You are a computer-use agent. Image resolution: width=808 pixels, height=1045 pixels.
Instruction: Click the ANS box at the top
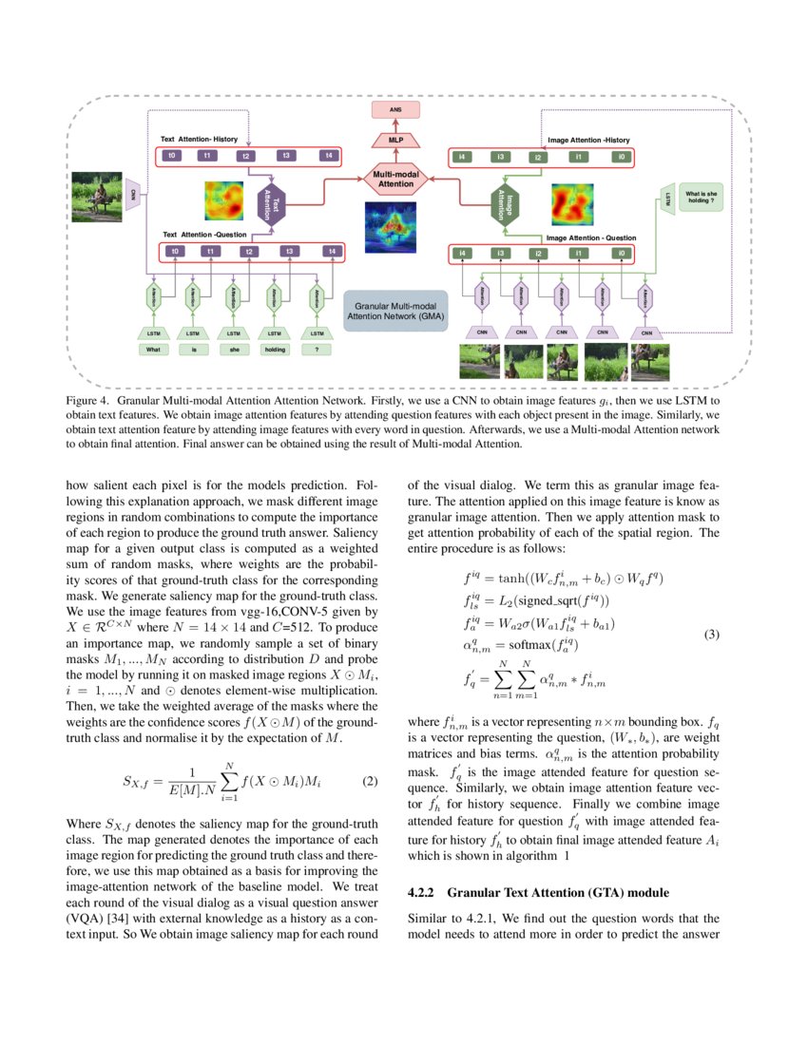(x=396, y=110)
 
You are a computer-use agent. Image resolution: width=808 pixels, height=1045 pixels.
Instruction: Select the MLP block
(x=396, y=141)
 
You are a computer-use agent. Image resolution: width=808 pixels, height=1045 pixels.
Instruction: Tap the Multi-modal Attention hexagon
(x=396, y=180)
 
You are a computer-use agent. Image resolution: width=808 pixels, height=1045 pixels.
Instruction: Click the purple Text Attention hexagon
(x=272, y=205)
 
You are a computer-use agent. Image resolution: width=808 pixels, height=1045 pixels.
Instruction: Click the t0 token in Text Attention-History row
(x=172, y=155)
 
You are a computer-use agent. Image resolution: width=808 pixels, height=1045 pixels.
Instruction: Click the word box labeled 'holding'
(x=275, y=350)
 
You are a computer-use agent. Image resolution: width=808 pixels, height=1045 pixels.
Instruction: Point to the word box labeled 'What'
(x=152, y=350)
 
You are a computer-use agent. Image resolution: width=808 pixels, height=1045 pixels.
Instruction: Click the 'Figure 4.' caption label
(x=87, y=403)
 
